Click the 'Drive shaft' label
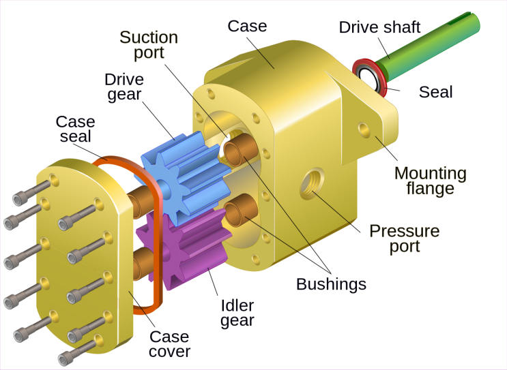pos(379,27)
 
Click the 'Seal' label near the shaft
pos(435,91)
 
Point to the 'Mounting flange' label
pos(430,180)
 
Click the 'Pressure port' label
pos(404,238)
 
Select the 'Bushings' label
pos(331,283)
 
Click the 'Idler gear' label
pos(237,313)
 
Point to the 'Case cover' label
pos(169,344)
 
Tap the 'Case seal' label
pos(75,129)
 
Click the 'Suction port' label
pos(148,44)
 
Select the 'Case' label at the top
pos(247,27)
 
